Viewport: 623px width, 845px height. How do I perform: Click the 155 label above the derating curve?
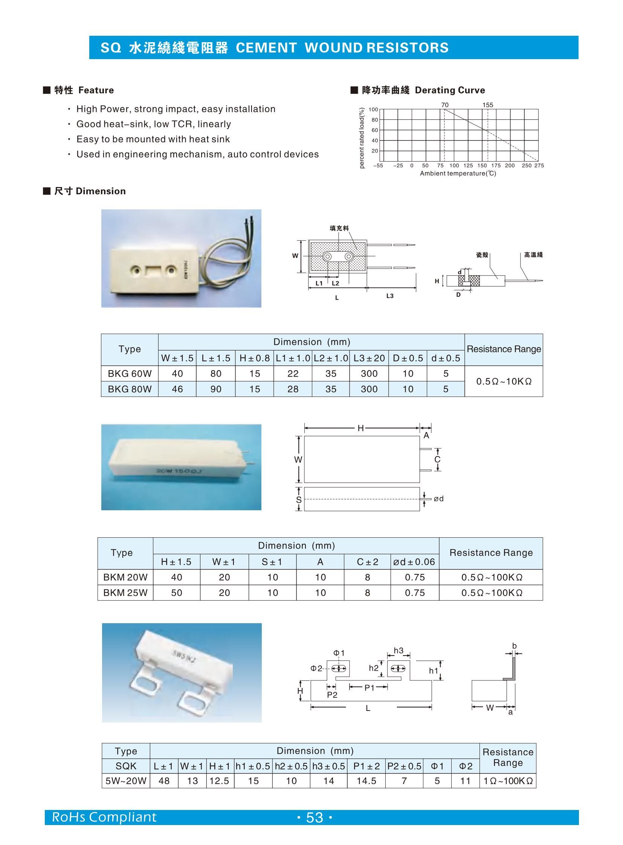point(487,105)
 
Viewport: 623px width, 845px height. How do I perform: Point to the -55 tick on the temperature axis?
point(378,166)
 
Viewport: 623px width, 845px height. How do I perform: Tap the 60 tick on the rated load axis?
point(374,130)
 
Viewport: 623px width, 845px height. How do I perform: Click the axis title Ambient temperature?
point(458,174)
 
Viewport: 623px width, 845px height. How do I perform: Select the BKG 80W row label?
point(129,389)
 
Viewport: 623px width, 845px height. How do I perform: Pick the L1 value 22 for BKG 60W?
point(293,374)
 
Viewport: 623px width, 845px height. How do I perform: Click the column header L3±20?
point(369,358)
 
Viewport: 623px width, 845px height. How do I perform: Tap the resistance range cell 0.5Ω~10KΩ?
point(504,381)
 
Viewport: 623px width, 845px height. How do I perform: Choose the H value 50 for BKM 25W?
point(177,593)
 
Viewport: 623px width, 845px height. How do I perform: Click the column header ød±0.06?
point(414,562)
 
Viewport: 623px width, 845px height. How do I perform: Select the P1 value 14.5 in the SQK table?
point(366,781)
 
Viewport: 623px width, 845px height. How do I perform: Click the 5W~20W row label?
point(125,781)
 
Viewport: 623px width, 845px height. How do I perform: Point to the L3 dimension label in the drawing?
point(389,296)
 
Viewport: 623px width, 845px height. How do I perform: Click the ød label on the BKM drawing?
point(438,499)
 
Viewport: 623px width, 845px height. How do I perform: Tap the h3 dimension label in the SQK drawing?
point(398,651)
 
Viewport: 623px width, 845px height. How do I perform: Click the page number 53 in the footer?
point(315,818)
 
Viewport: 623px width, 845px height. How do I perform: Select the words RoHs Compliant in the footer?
point(104,817)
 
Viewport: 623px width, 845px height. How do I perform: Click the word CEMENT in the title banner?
point(266,48)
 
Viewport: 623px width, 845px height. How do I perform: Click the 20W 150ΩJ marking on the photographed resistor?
point(179,471)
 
